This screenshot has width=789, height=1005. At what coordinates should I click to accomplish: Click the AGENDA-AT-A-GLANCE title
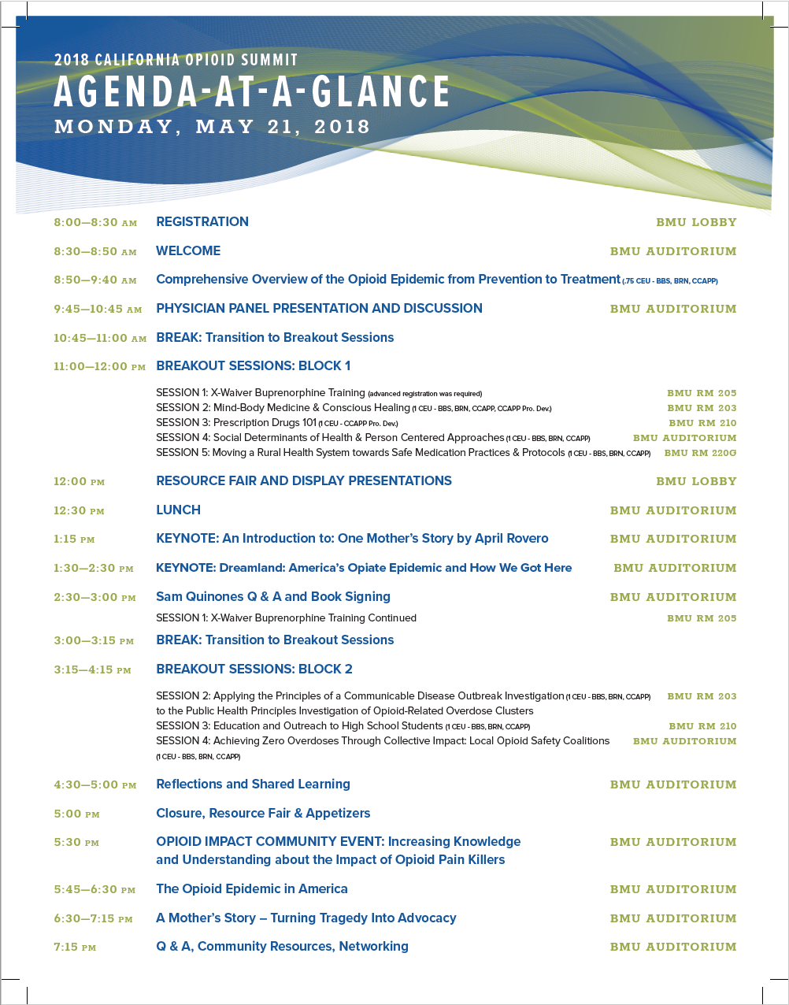252,92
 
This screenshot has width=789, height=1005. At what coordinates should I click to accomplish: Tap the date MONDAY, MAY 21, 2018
212,127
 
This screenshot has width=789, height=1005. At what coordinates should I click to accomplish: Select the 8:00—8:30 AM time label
95,223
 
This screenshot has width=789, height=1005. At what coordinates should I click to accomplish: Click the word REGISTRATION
202,222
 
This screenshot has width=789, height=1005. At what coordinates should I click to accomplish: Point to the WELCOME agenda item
188,251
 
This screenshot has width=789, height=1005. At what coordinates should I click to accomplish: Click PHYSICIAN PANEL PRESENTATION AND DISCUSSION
319,309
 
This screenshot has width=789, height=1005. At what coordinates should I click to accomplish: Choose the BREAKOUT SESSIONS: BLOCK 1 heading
253,366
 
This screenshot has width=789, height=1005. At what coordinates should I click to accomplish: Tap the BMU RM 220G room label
700,453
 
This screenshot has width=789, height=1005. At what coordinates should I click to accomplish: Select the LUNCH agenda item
178,510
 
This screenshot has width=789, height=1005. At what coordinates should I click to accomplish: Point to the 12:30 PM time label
79,511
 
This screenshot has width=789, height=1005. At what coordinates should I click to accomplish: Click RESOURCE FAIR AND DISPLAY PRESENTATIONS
304,481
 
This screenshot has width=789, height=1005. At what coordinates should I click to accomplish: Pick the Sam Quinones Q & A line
273,597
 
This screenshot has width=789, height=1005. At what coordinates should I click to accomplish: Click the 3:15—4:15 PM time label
92,670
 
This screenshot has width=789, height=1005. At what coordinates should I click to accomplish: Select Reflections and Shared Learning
253,784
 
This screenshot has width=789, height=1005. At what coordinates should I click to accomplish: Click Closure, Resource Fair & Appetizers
263,814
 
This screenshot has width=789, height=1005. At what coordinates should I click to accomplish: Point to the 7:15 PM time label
75,948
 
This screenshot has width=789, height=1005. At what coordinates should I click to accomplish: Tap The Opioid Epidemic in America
252,889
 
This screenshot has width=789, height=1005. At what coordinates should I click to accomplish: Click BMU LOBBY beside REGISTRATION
696,223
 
